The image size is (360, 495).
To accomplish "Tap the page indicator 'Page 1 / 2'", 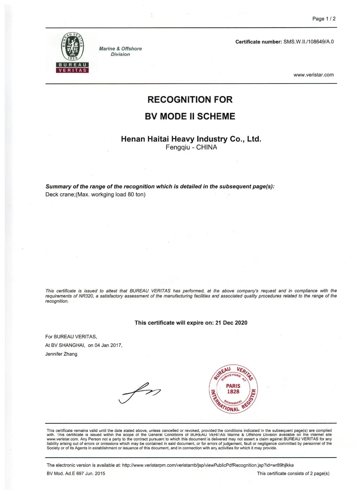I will (x=324, y=19).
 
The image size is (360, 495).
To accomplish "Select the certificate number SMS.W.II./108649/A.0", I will (x=309, y=42).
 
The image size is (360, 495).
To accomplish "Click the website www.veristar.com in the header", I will (x=313, y=75).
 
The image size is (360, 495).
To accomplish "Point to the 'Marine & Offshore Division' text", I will (x=120, y=51).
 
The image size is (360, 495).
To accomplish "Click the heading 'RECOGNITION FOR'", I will (x=190, y=100).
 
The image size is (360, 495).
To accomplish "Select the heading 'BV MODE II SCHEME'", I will (x=190, y=116).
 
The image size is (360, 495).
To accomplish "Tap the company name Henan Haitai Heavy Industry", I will (x=191, y=139).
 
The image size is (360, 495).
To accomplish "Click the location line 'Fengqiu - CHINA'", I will (x=191, y=147).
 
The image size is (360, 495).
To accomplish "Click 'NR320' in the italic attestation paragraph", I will (x=86, y=296).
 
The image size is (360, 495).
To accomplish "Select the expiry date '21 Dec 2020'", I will (x=231, y=323).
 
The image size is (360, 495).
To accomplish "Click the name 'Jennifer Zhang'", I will (x=61, y=354).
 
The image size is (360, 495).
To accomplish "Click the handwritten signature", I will (x=139, y=392).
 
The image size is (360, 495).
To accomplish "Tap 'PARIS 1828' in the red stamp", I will (x=233, y=389).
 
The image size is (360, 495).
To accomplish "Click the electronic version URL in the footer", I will (x=208, y=465).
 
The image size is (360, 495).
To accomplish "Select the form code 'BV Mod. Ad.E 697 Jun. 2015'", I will (x=76, y=473).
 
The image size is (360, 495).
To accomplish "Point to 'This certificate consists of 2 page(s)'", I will (x=293, y=473).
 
